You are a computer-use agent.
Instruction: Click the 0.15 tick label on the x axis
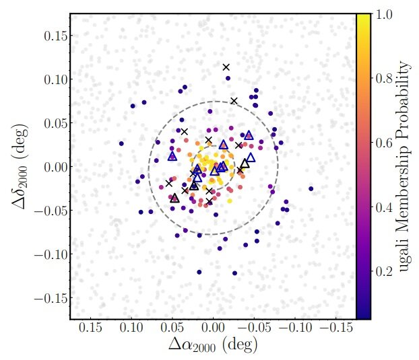click(x=90, y=328)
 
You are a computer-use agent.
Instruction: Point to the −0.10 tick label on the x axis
click(x=295, y=328)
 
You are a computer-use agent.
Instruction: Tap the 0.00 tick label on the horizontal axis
click(x=214, y=328)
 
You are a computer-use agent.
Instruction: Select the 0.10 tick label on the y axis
click(x=55, y=79)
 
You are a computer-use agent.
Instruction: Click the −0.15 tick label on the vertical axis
click(x=51, y=298)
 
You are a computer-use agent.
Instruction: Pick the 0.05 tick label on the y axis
click(x=55, y=123)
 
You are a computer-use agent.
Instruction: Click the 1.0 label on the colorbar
click(x=384, y=14)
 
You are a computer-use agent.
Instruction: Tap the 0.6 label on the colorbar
click(x=384, y=143)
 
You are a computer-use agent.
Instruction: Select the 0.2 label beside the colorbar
click(x=384, y=271)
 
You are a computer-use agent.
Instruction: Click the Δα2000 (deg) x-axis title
click(x=213, y=345)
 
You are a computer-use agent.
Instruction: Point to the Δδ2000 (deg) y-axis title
click(x=20, y=166)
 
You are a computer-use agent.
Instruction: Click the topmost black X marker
click(x=226, y=67)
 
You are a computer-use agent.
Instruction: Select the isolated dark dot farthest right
click(x=311, y=189)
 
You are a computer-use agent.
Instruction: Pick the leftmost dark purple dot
click(x=121, y=143)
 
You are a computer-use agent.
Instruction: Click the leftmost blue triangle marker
click(x=172, y=156)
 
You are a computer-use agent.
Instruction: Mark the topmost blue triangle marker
click(x=249, y=135)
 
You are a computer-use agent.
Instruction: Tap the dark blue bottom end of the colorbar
click(x=363, y=317)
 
